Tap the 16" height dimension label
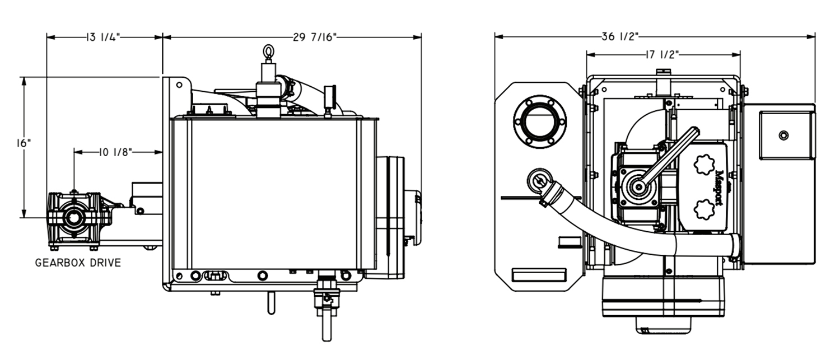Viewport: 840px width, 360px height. coord(24,143)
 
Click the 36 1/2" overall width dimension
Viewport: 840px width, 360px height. coord(620,38)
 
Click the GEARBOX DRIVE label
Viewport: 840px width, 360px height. coord(78,263)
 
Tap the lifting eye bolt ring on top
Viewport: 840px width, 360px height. coord(268,53)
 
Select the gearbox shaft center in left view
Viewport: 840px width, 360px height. coord(74,218)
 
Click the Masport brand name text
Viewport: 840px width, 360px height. coord(721,188)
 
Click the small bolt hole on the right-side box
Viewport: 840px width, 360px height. coord(783,135)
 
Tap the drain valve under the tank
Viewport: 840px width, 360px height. coord(325,297)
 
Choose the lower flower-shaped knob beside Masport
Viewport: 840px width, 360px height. coord(704,210)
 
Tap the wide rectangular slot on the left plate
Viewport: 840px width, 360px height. coord(539,275)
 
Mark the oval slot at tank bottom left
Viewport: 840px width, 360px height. coord(215,275)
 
